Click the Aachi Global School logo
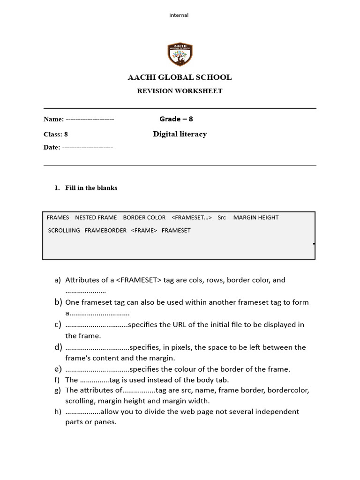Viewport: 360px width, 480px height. tap(180, 54)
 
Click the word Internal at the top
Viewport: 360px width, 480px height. tap(179, 15)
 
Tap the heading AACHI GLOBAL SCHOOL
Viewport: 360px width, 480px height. tap(180, 77)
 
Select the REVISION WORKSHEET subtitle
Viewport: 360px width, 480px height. tap(180, 91)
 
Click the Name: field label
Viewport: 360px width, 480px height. tap(53, 119)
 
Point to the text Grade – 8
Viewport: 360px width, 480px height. tap(176, 119)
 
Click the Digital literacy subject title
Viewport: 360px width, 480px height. tap(180, 134)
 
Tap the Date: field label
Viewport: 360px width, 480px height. tap(52, 147)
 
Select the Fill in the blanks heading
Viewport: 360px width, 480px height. tap(91, 188)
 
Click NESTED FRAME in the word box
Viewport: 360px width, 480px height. tap(96, 217)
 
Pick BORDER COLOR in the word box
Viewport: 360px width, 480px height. tap(144, 217)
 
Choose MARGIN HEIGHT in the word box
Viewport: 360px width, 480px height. tap(256, 217)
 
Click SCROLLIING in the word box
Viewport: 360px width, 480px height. tap(64, 231)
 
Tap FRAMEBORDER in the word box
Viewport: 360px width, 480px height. tap(105, 231)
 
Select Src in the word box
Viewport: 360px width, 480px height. tap(222, 217)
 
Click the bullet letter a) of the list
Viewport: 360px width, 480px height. tap(58, 280)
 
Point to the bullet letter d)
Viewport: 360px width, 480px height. tap(58, 347)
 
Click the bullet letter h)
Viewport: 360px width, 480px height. tap(58, 412)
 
